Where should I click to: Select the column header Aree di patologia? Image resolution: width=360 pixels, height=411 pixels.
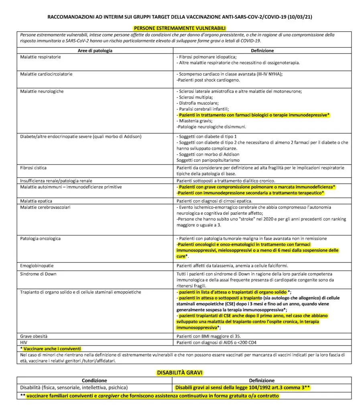pyautogui.click(x=95, y=51)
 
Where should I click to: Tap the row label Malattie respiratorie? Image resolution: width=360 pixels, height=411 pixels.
pyautogui.click(x=41, y=57)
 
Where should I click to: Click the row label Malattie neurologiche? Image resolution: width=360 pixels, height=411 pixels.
pyautogui.click(x=42, y=92)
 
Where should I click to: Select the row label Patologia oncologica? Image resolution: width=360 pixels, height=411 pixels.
pyautogui.click(x=41, y=238)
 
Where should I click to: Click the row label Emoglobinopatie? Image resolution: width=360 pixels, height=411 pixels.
pyautogui.click(x=37, y=266)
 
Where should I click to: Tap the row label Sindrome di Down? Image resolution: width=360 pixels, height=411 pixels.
pyautogui.click(x=38, y=274)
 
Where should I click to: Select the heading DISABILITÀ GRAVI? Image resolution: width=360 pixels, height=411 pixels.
pyautogui.click(x=179, y=373)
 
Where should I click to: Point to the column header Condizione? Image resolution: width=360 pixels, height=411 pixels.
pyautogui.click(x=94, y=380)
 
